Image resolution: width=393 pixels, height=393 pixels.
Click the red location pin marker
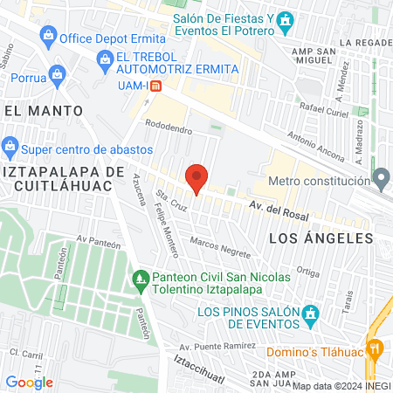point(196,179)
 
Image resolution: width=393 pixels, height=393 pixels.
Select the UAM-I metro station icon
point(155,86)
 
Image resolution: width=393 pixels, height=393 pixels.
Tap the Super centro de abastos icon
point(10,144)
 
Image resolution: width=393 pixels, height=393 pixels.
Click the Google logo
point(29,382)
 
